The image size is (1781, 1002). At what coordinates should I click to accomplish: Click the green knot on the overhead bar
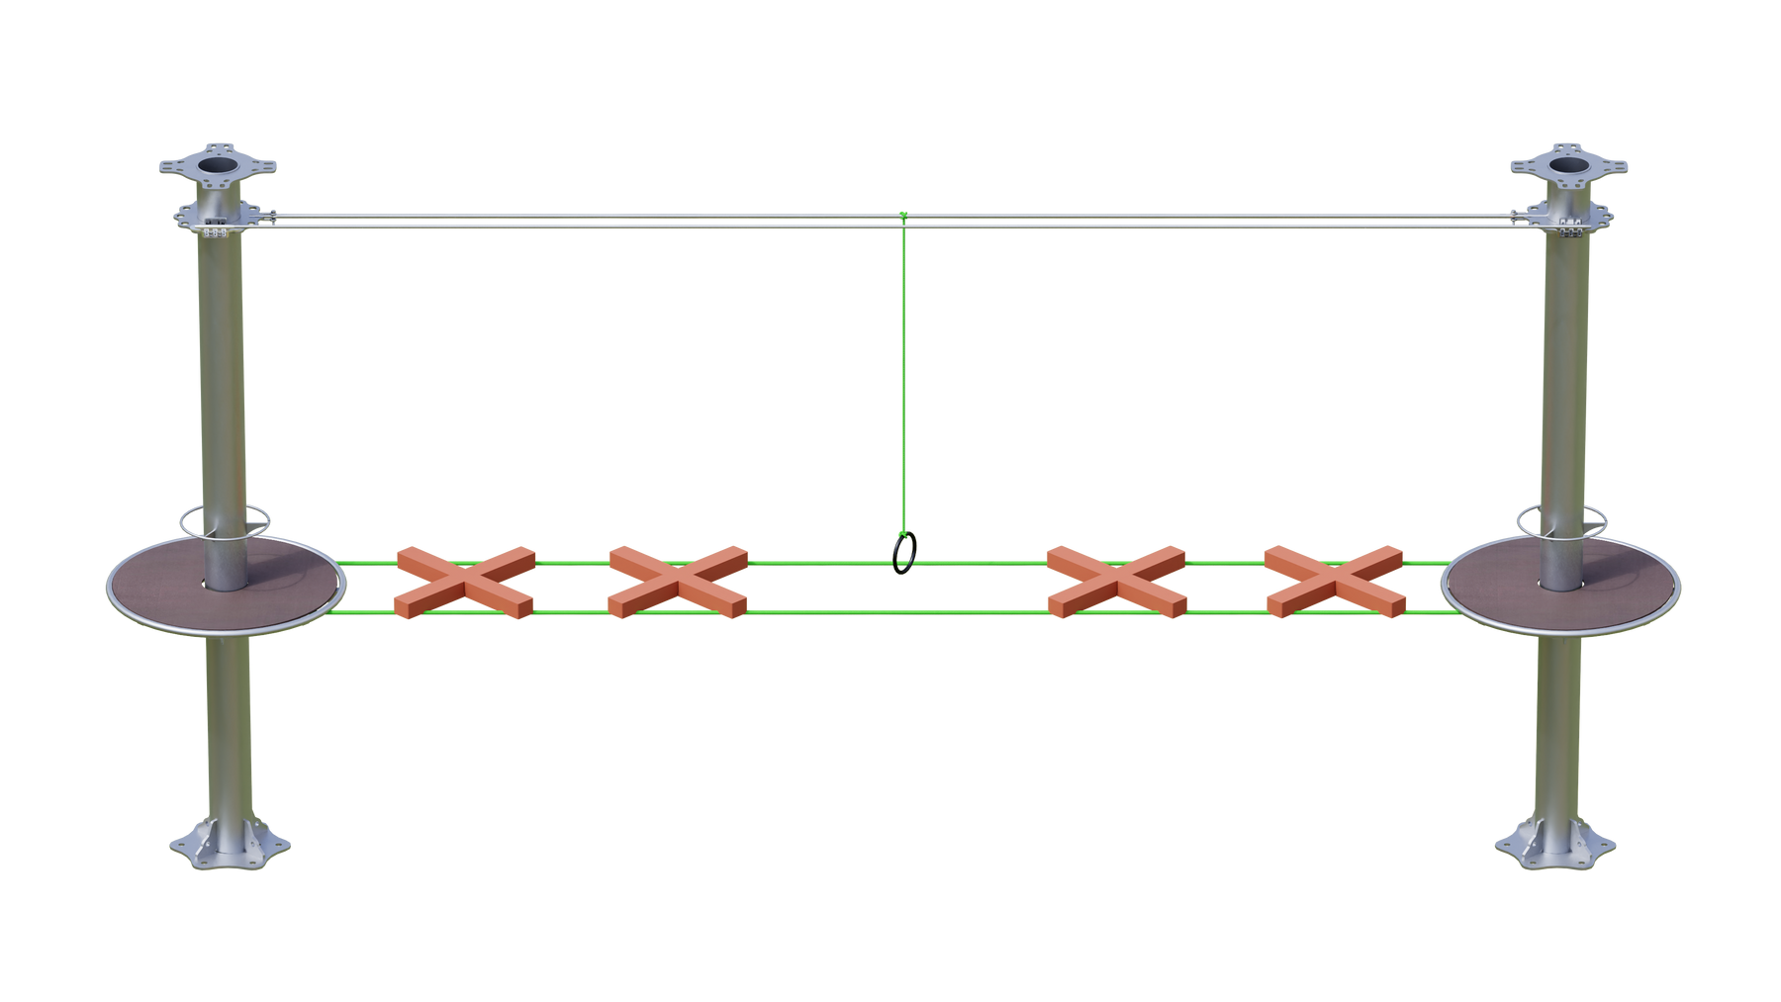pyautogui.click(x=902, y=216)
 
